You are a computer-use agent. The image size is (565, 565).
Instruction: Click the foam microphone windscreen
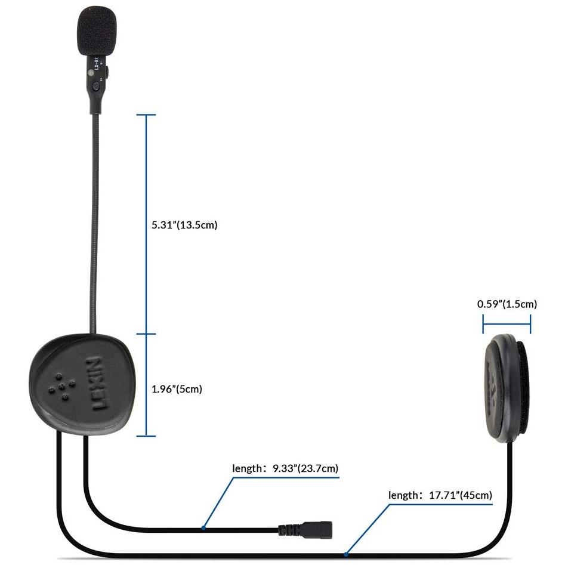(96, 32)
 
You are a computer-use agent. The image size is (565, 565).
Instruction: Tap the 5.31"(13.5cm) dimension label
(184, 225)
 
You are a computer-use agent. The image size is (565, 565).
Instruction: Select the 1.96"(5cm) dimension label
(177, 389)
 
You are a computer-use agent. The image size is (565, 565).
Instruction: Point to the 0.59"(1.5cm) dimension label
(507, 304)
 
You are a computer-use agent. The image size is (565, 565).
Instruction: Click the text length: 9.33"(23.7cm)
(285, 468)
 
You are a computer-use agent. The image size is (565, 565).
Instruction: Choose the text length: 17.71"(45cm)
(440, 495)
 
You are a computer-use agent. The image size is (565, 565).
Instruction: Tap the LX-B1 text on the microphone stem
(96, 63)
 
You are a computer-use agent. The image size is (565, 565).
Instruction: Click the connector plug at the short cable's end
(317, 529)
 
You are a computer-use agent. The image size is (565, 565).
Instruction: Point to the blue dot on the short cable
(203, 528)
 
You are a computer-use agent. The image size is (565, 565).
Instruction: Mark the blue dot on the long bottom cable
(346, 554)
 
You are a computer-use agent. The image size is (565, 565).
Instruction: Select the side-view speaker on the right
(507, 388)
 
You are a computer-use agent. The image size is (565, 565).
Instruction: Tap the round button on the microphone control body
(95, 86)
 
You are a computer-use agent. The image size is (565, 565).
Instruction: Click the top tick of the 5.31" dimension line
(146, 115)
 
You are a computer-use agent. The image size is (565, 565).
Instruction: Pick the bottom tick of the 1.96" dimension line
(146, 436)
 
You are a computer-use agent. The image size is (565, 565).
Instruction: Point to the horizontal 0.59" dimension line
(507, 323)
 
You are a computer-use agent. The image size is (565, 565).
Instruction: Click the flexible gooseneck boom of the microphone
(94, 223)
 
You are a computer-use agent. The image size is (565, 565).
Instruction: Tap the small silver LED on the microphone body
(91, 73)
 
